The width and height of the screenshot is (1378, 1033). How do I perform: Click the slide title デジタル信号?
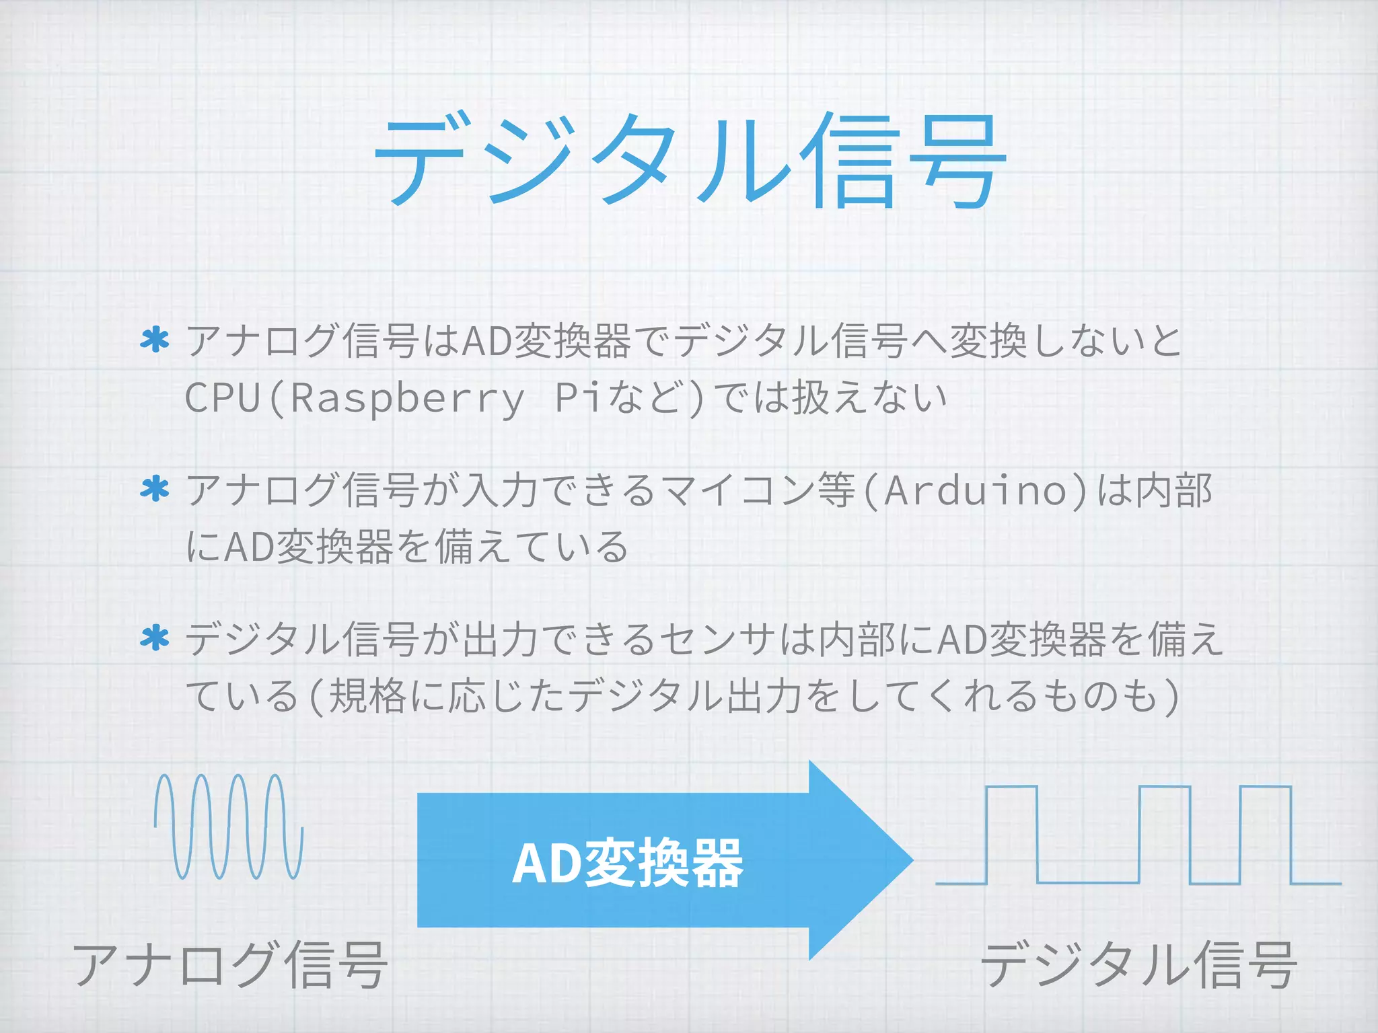[689, 161]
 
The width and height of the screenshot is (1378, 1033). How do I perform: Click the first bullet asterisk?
[155, 340]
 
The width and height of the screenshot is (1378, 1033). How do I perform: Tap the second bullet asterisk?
[155, 489]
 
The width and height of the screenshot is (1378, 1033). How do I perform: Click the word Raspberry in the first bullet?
[407, 398]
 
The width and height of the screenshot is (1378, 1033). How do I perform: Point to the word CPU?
[223, 398]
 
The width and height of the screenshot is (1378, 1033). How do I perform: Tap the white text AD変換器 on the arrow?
[627, 864]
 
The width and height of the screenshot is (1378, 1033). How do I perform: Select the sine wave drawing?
[229, 827]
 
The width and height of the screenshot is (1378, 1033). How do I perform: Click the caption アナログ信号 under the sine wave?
[230, 966]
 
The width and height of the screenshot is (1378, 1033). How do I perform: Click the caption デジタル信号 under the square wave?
[1138, 966]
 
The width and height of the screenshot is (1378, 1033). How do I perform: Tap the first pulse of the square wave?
[1012, 834]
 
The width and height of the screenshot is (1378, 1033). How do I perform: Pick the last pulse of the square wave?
[1265, 834]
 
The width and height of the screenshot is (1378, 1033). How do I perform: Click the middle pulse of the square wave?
[1164, 834]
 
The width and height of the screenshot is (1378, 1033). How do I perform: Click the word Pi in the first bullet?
[577, 398]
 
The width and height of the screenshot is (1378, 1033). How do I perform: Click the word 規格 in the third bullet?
[367, 696]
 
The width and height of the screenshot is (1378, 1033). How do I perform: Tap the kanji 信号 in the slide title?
[902, 161]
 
